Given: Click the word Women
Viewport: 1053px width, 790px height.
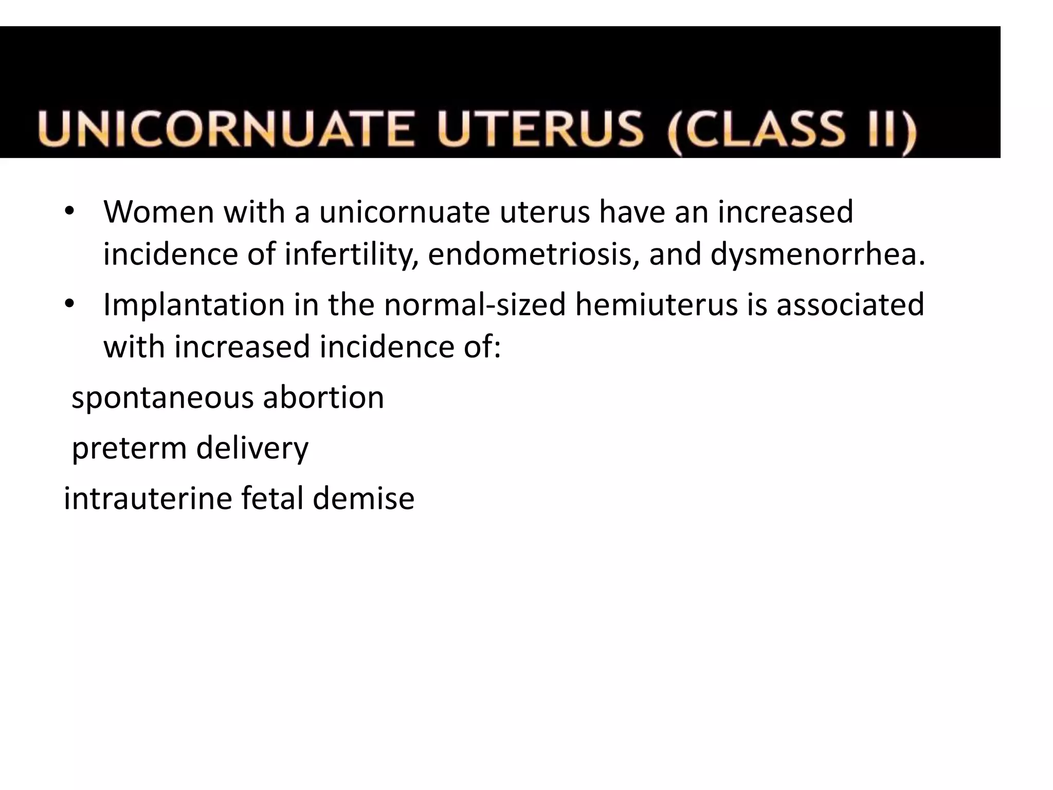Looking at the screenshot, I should click(x=158, y=212).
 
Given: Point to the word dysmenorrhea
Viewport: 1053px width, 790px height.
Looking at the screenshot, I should click(x=818, y=255).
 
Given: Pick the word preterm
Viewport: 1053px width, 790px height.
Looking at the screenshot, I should click(x=129, y=448).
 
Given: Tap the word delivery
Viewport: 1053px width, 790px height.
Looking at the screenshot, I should click(x=252, y=448).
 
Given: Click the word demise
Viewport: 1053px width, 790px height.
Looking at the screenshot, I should click(x=363, y=498).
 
